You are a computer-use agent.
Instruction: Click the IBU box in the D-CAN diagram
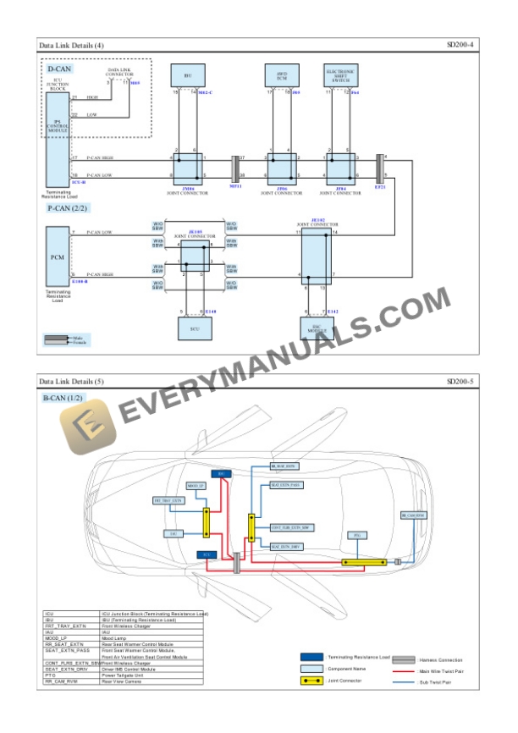click(187, 75)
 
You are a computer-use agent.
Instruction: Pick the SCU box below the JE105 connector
click(195, 328)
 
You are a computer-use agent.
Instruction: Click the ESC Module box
click(317, 328)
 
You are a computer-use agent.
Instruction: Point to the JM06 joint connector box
click(187, 167)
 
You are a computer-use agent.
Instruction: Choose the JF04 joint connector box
click(340, 167)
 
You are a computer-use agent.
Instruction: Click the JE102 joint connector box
click(317, 256)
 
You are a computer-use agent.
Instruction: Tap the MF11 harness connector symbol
click(236, 167)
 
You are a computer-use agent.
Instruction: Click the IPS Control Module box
click(57, 140)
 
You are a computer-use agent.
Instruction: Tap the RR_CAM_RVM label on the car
click(411, 515)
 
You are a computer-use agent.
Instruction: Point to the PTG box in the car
click(356, 536)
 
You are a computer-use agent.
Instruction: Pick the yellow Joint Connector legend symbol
click(315, 681)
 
